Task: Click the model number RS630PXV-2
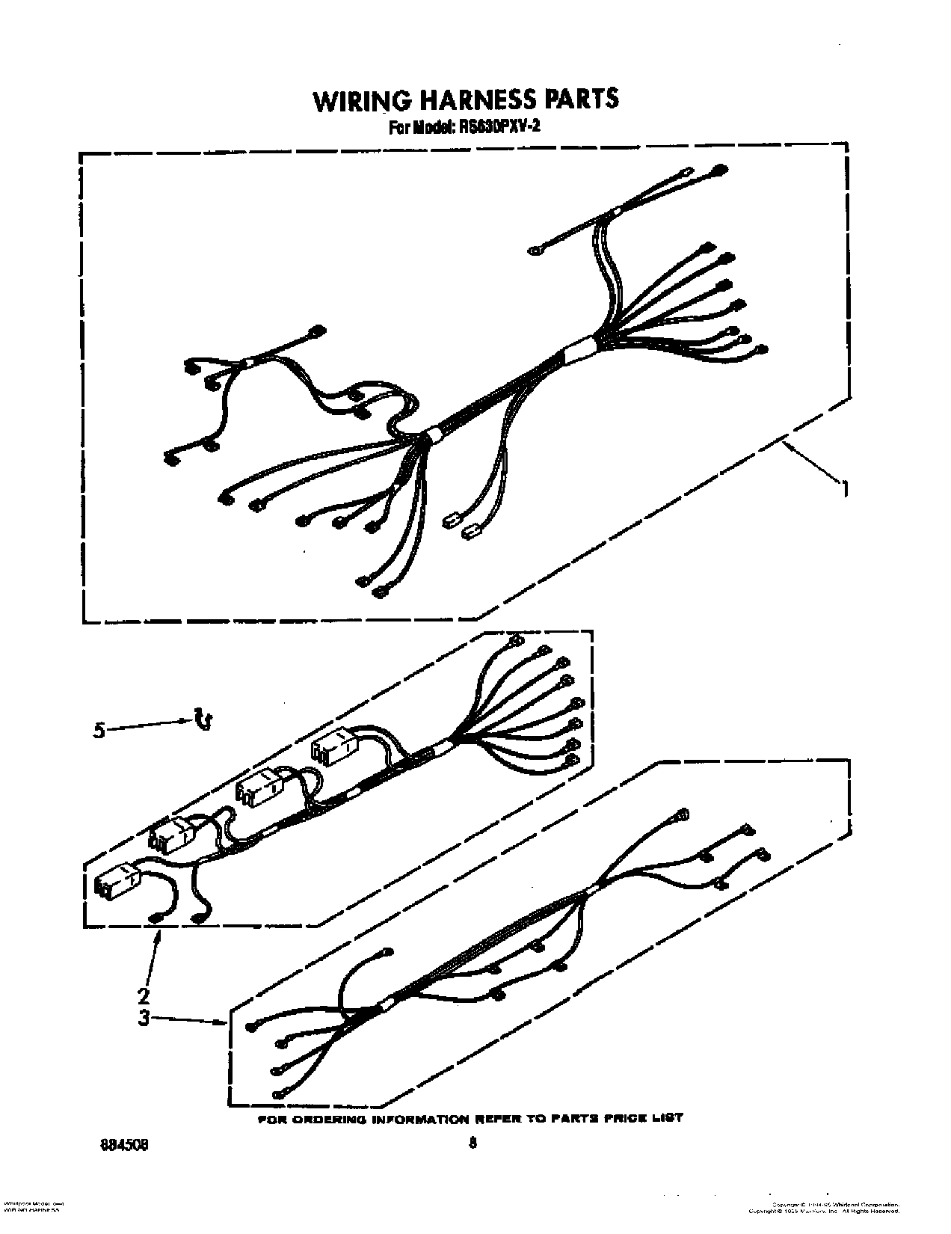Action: [499, 126]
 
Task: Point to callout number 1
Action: [845, 490]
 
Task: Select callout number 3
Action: [144, 1017]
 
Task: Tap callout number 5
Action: [99, 730]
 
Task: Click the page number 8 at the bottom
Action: [472, 1142]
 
